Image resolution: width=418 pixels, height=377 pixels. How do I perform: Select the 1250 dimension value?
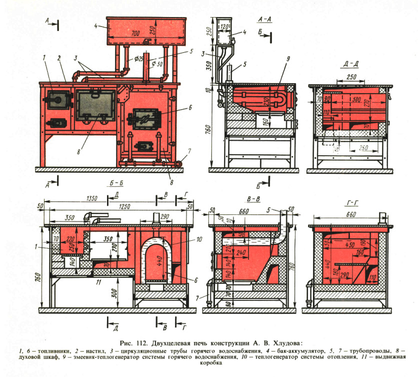point(119,206)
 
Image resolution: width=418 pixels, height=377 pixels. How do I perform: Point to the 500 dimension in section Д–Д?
point(355,100)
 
